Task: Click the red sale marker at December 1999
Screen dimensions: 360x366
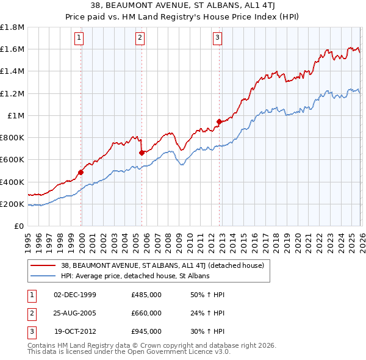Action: click(x=81, y=172)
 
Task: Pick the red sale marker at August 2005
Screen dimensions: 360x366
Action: click(x=142, y=153)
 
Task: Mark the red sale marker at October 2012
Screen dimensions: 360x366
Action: click(x=219, y=121)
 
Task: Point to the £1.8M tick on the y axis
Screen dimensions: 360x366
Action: click(x=12, y=27)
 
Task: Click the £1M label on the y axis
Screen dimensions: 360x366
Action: click(x=16, y=115)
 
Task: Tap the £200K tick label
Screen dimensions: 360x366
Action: click(x=12, y=204)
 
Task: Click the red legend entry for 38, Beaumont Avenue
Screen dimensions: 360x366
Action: click(x=162, y=265)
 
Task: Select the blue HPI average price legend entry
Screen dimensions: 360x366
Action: click(x=135, y=276)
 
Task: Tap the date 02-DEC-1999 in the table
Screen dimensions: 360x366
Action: click(x=75, y=295)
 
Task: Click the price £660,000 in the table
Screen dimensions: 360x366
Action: click(x=146, y=313)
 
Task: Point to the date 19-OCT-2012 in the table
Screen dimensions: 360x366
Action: click(x=75, y=331)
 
